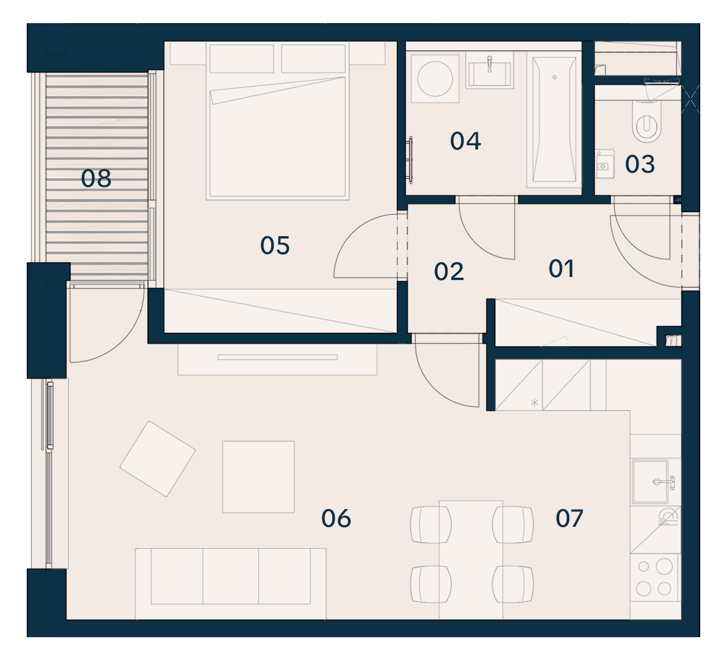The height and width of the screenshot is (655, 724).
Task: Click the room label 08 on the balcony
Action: [96, 178]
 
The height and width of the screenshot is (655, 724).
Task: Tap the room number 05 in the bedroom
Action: [275, 246]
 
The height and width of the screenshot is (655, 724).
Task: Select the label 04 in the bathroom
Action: [466, 141]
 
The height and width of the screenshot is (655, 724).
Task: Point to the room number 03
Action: [640, 164]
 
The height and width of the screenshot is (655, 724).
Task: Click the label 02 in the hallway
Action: [449, 271]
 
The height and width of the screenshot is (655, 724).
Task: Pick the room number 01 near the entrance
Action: [561, 269]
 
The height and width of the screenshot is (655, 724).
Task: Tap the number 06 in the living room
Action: [336, 519]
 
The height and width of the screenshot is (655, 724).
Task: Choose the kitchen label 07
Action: [569, 518]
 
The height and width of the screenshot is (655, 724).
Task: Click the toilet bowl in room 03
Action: [647, 121]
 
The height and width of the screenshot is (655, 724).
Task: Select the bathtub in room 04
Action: [554, 120]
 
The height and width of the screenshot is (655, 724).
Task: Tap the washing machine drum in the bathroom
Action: [435, 79]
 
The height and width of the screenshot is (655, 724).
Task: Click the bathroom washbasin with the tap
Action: [490, 71]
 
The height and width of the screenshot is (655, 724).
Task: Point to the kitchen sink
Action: [650, 481]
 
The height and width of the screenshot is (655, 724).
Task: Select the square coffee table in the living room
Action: [258, 477]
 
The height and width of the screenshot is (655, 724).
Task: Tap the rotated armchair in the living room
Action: [158, 459]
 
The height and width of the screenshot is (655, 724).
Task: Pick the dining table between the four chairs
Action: [471, 559]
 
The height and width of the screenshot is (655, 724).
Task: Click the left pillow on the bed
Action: [242, 59]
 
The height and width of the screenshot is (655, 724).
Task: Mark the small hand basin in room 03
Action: [604, 164]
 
